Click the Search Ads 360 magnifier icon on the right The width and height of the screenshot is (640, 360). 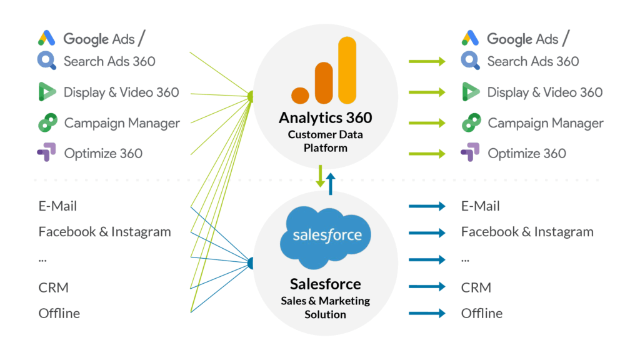tap(470, 61)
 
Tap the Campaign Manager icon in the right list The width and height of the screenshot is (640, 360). tap(471, 123)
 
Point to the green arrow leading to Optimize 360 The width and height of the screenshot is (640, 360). tap(426, 153)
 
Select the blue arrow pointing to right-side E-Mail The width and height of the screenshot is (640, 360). tap(426, 206)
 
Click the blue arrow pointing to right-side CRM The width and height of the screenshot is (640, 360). tap(426, 287)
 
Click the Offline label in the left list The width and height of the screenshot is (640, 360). tap(59, 313)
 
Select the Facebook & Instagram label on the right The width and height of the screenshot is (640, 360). tap(527, 232)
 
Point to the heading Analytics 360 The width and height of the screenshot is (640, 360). tap(325, 117)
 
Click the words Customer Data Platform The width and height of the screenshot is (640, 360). tap(325, 141)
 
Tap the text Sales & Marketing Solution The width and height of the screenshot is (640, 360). tap(325, 307)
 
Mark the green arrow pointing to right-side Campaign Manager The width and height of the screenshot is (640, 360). tap(426, 123)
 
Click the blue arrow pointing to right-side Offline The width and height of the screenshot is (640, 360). tap(426, 313)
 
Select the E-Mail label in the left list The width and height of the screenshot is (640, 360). tap(57, 206)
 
